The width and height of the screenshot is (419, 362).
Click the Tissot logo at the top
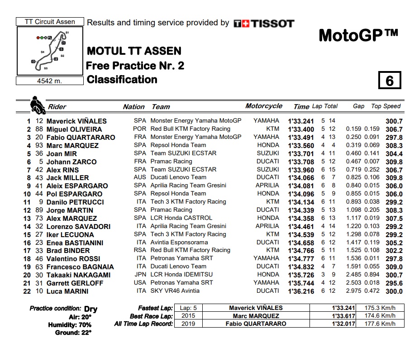(264, 24)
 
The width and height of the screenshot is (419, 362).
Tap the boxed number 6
(390, 81)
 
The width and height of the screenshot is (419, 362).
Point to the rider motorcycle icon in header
(37, 105)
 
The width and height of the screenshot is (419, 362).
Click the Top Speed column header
(386, 106)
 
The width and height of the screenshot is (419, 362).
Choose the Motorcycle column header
(264, 106)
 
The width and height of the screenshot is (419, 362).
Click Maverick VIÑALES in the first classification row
(77, 121)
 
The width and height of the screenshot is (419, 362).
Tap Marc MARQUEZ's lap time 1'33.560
(301, 146)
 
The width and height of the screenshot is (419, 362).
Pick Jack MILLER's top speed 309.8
(394, 178)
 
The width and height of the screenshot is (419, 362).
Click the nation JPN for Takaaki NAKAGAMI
(140, 275)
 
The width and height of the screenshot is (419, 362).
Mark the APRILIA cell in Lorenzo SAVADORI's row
(267, 226)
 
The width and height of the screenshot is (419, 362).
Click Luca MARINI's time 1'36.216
(301, 291)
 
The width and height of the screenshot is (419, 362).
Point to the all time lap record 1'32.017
(344, 324)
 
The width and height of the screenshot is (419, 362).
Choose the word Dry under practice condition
(90, 310)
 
